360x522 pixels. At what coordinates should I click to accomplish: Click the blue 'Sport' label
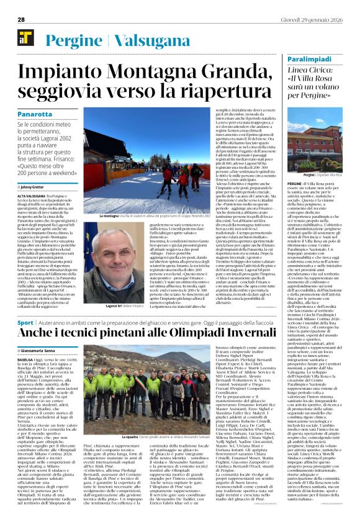coord(25,323)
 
